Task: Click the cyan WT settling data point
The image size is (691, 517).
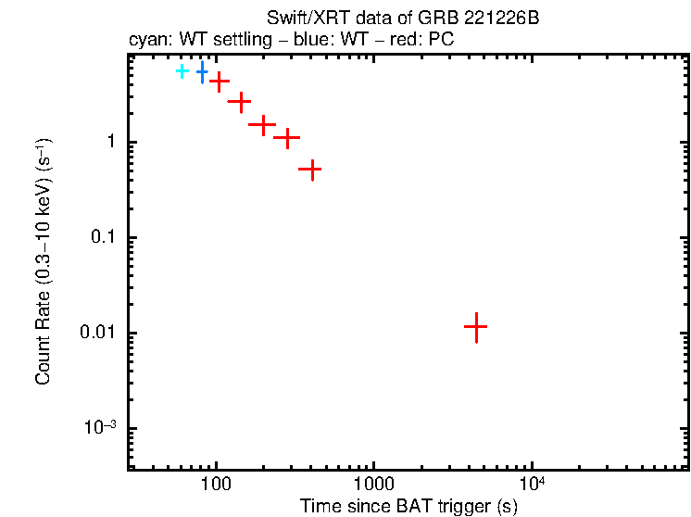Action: click(x=182, y=71)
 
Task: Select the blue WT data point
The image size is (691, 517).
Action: click(x=202, y=70)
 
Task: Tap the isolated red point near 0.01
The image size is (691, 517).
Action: click(x=475, y=326)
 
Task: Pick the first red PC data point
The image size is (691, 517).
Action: click(x=220, y=82)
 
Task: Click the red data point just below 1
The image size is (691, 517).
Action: click(x=288, y=139)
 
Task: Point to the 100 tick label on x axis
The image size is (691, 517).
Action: click(x=216, y=485)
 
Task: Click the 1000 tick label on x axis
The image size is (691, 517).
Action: click(x=373, y=485)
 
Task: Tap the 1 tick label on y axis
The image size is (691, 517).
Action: click(x=108, y=143)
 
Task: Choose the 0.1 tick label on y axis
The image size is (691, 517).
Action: click(x=102, y=238)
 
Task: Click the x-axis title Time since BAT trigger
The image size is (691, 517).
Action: click(x=408, y=506)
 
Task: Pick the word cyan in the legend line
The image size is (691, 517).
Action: click(x=147, y=41)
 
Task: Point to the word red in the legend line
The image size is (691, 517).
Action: click(x=393, y=41)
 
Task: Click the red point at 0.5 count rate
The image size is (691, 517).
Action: click(x=312, y=170)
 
